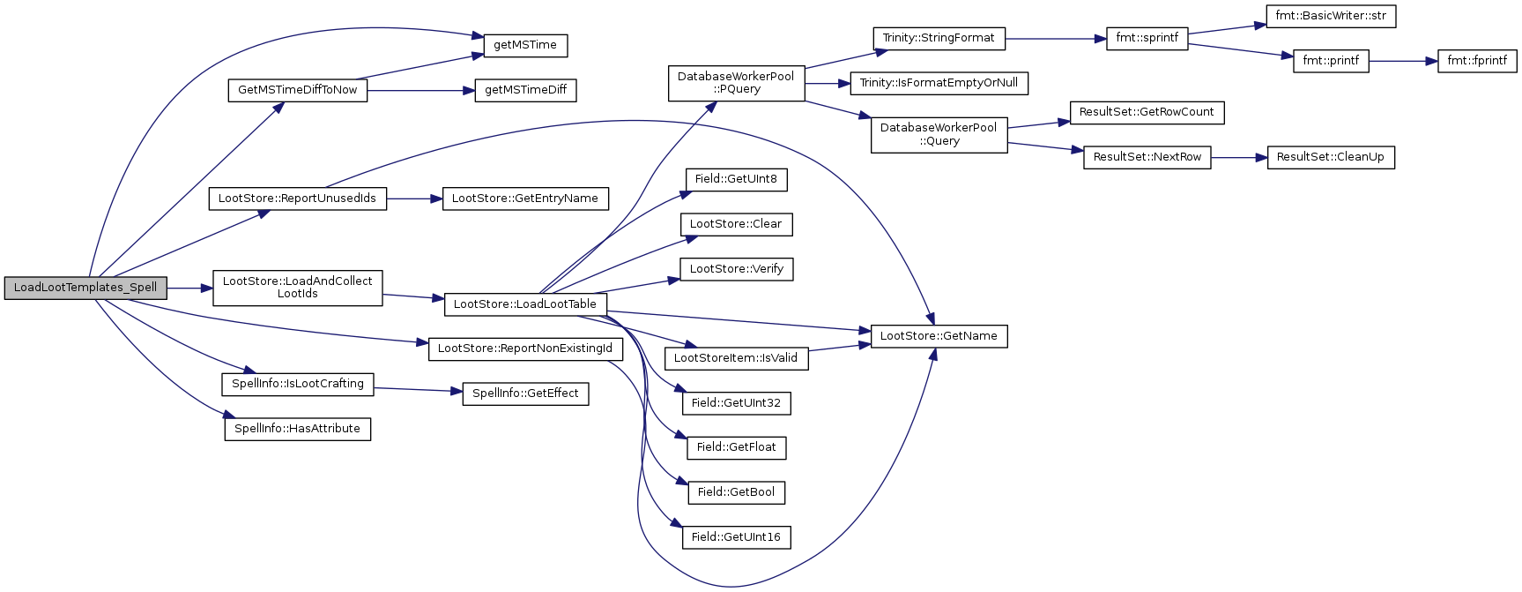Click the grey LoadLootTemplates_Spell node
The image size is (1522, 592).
(x=85, y=288)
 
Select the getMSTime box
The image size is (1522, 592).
(x=525, y=45)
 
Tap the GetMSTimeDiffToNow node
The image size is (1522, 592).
(x=298, y=90)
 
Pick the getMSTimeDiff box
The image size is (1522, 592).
(x=525, y=90)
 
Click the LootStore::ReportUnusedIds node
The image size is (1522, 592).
(x=297, y=199)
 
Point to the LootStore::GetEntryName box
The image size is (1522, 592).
(x=525, y=199)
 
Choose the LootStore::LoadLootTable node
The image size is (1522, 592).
(x=525, y=304)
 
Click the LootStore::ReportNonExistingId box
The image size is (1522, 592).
(x=525, y=348)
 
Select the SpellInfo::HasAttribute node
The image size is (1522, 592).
(x=297, y=429)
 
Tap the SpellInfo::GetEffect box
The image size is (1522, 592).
(x=525, y=393)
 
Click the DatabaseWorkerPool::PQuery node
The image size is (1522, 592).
(x=736, y=83)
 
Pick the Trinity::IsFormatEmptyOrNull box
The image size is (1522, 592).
(x=939, y=83)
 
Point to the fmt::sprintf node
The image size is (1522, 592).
(x=1147, y=38)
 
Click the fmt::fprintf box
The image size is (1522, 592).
(x=1477, y=61)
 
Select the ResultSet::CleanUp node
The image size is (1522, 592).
(x=1331, y=157)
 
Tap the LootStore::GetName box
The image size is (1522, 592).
(x=939, y=336)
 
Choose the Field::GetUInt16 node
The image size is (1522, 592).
(x=736, y=537)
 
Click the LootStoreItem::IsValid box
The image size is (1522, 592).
(x=736, y=358)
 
